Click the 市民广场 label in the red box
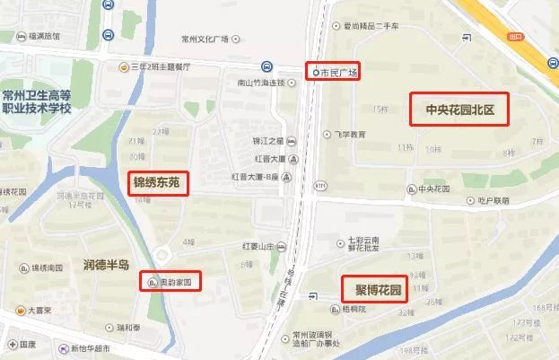coord(333,72)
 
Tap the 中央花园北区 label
coord(459,111)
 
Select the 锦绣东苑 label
coord(157,183)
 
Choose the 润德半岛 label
coord(106,265)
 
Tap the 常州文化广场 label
coord(205,39)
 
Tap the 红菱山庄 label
coord(262,244)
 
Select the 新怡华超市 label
coord(93,348)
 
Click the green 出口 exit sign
coord(514,37)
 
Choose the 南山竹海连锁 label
coord(254,83)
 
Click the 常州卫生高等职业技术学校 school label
coord(48,101)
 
